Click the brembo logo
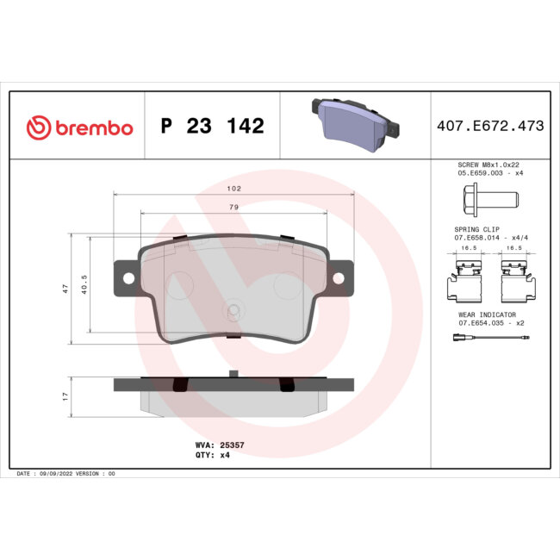79,128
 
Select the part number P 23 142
212,127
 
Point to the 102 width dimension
233,188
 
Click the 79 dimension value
233,208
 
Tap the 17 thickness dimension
65,395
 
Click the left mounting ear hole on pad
129,278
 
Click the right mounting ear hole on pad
339,278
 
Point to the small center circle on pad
233,312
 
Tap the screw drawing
484,201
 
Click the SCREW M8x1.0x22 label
488,165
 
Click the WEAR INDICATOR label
488,315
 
